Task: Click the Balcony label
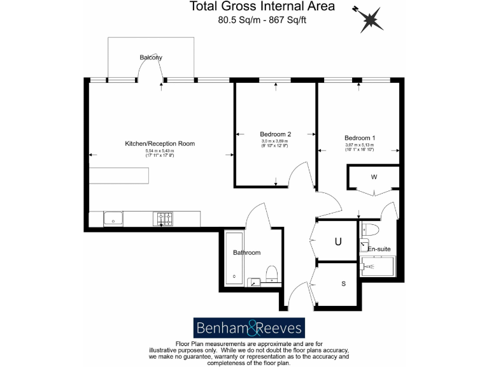[151, 57]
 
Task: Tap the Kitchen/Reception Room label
[160, 144]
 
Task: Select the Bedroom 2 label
[276, 134]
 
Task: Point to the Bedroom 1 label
[360, 138]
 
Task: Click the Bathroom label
[246, 252]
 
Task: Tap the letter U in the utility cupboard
[338, 241]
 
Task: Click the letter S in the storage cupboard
[343, 284]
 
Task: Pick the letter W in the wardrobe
[374, 176]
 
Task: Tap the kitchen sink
[113, 219]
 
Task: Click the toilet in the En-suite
[371, 230]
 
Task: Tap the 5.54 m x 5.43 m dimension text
[160, 151]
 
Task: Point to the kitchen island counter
[118, 175]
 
